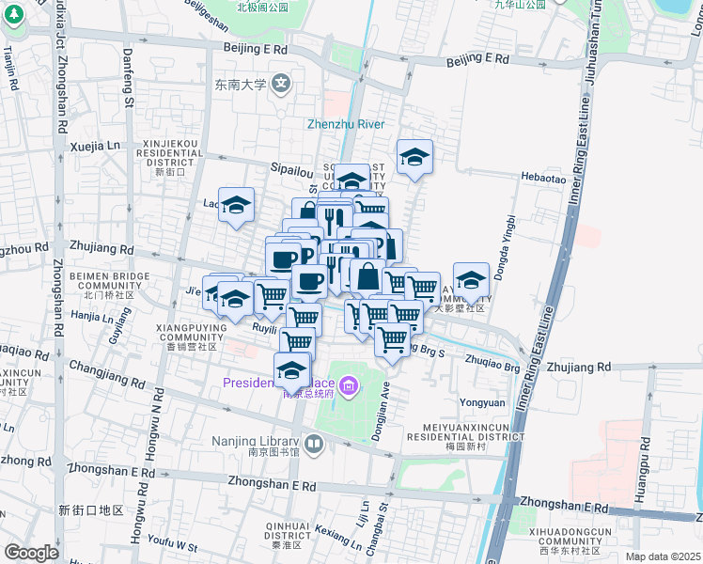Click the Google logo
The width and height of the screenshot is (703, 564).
pyautogui.click(x=31, y=553)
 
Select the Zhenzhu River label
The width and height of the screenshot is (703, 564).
pyautogui.click(x=345, y=124)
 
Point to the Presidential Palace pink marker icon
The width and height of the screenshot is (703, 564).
pyautogui.click(x=349, y=384)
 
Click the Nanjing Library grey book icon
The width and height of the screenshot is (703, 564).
pyautogui.click(x=314, y=443)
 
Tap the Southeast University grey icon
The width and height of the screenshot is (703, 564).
pyautogui.click(x=281, y=85)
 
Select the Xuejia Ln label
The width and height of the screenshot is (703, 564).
pyautogui.click(x=96, y=147)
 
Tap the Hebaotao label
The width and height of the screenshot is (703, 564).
pyautogui.click(x=544, y=178)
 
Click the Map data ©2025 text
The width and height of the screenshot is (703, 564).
pyautogui.click(x=664, y=556)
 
